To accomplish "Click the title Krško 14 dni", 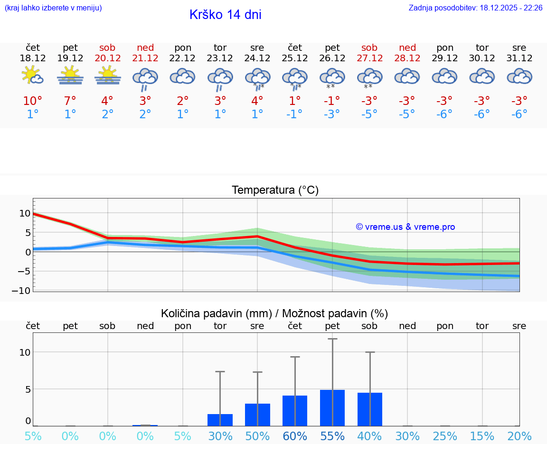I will click(x=225, y=15).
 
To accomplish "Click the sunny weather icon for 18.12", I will click(x=33, y=76).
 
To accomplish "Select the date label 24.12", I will click(x=257, y=58).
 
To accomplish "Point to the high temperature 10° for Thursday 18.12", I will click(x=33, y=101).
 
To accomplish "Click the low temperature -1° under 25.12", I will click(x=294, y=114).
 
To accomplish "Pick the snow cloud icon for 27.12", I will click(x=369, y=77).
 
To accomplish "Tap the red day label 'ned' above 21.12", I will click(x=145, y=47).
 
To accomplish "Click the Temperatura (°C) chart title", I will click(x=275, y=190).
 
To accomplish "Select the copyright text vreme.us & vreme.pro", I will click(x=405, y=227).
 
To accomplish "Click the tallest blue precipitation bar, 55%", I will click(x=332, y=408).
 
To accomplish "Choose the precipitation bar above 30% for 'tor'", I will click(x=220, y=420).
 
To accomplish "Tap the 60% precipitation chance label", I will click(x=295, y=436).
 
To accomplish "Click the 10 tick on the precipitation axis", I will click(x=25, y=352).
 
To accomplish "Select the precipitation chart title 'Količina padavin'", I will click(x=274, y=313).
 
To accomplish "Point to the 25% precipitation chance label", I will click(x=445, y=436).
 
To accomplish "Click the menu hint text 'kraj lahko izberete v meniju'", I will click(x=53, y=8).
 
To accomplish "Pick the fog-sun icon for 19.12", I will click(x=70, y=76).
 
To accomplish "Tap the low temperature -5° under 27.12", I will click(x=369, y=114).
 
